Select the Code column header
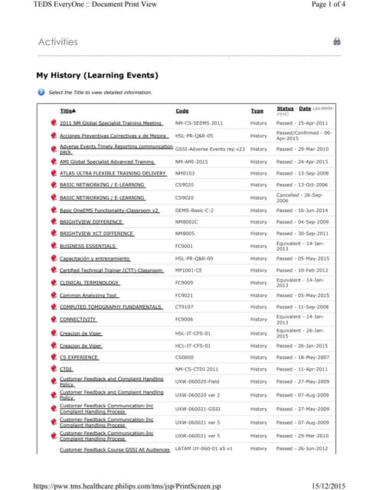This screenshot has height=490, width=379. pos(181,111)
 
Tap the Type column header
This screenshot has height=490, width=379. pos(256,111)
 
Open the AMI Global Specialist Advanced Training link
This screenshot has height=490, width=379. pos(107,162)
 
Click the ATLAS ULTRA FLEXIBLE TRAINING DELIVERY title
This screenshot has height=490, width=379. pos(113,173)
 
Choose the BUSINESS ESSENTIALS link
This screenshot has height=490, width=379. pos(88,247)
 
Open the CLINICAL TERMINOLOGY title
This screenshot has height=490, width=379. pos(89,283)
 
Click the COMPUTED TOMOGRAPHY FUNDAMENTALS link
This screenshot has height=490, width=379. pos(111,307)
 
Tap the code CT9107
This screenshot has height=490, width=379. pos(184,307)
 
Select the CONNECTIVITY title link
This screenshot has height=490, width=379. pos(78,319)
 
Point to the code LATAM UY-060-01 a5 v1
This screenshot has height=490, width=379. pos(204,449)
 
